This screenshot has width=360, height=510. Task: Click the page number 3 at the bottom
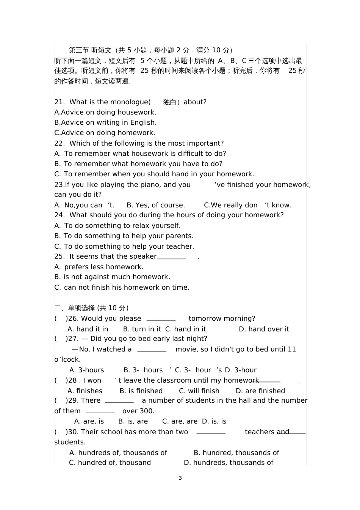point(180,478)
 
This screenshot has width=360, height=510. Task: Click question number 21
point(59,102)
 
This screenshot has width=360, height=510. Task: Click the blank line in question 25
point(171,258)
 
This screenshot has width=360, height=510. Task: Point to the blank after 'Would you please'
point(161,320)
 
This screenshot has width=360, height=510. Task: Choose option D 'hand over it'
point(264,329)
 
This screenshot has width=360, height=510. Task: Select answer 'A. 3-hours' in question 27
point(87,370)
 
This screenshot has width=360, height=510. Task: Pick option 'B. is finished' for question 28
point(141,391)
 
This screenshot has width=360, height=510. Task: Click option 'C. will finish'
point(199,391)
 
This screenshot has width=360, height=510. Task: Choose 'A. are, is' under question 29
point(89,421)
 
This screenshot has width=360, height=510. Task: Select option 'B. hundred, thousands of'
point(236,453)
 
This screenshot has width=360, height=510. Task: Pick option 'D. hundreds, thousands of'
point(229,463)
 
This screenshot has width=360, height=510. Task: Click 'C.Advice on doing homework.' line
point(105,133)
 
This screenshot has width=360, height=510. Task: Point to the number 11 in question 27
point(292,349)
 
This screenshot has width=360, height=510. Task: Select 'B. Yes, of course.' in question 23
point(156,205)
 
